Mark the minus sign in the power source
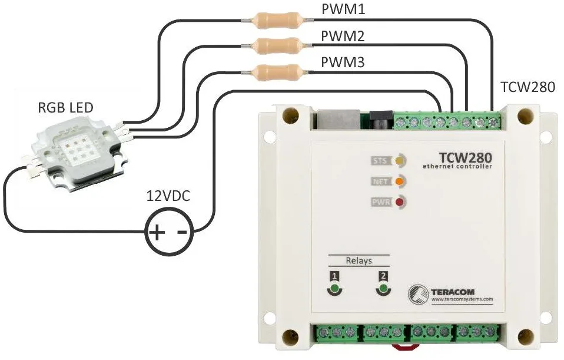pos(182,232)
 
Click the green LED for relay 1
pos(334,289)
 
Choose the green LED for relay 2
pos(384,289)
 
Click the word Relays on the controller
pos(359,260)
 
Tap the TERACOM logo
pos(451,293)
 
